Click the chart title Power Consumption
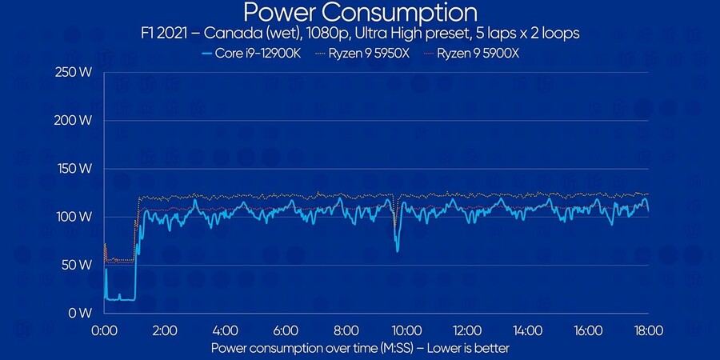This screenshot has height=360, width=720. point(360,13)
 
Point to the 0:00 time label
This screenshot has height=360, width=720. point(105,330)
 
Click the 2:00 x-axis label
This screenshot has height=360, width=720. point(165,330)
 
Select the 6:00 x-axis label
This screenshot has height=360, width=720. point(286,330)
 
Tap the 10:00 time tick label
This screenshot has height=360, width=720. point(406,330)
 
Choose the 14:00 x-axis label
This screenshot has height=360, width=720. point(527,330)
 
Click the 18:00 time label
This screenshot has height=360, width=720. point(648,330)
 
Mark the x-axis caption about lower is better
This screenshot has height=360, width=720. point(360,348)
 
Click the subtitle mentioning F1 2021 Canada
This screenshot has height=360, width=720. point(360,34)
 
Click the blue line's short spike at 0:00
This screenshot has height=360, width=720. point(106,270)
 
